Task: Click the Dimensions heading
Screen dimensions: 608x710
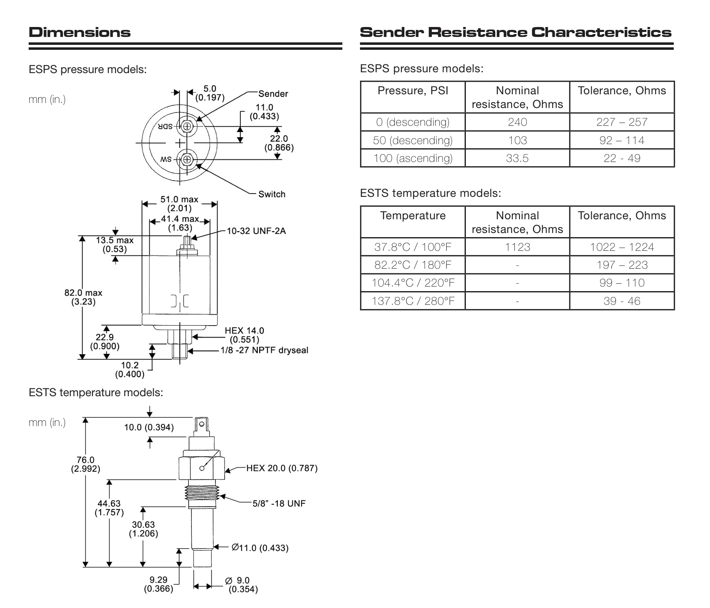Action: tap(79, 32)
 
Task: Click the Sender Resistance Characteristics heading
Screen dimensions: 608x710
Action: tap(515, 32)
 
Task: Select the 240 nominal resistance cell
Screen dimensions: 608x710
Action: tap(517, 122)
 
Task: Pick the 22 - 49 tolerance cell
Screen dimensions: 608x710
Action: tap(622, 158)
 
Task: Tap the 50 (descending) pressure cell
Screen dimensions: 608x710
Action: tap(412, 140)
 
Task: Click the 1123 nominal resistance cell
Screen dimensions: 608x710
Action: tap(517, 247)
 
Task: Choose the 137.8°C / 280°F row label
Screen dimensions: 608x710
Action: tap(413, 301)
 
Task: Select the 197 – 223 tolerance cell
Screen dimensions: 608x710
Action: tap(622, 265)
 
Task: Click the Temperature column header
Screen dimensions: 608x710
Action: tap(412, 216)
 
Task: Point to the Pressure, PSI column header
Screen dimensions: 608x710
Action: tap(412, 91)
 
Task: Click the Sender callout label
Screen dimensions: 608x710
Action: tap(273, 94)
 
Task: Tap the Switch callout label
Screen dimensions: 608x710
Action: tap(272, 194)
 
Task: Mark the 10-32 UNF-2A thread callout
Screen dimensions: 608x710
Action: tap(256, 231)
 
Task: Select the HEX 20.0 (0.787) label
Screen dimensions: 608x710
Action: tap(282, 468)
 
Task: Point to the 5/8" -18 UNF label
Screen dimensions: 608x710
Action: tap(279, 503)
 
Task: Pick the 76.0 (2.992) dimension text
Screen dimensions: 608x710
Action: tap(86, 464)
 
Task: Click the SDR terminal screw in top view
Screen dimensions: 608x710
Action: tap(187, 126)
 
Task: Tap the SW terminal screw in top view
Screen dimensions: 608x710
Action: tap(187, 159)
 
